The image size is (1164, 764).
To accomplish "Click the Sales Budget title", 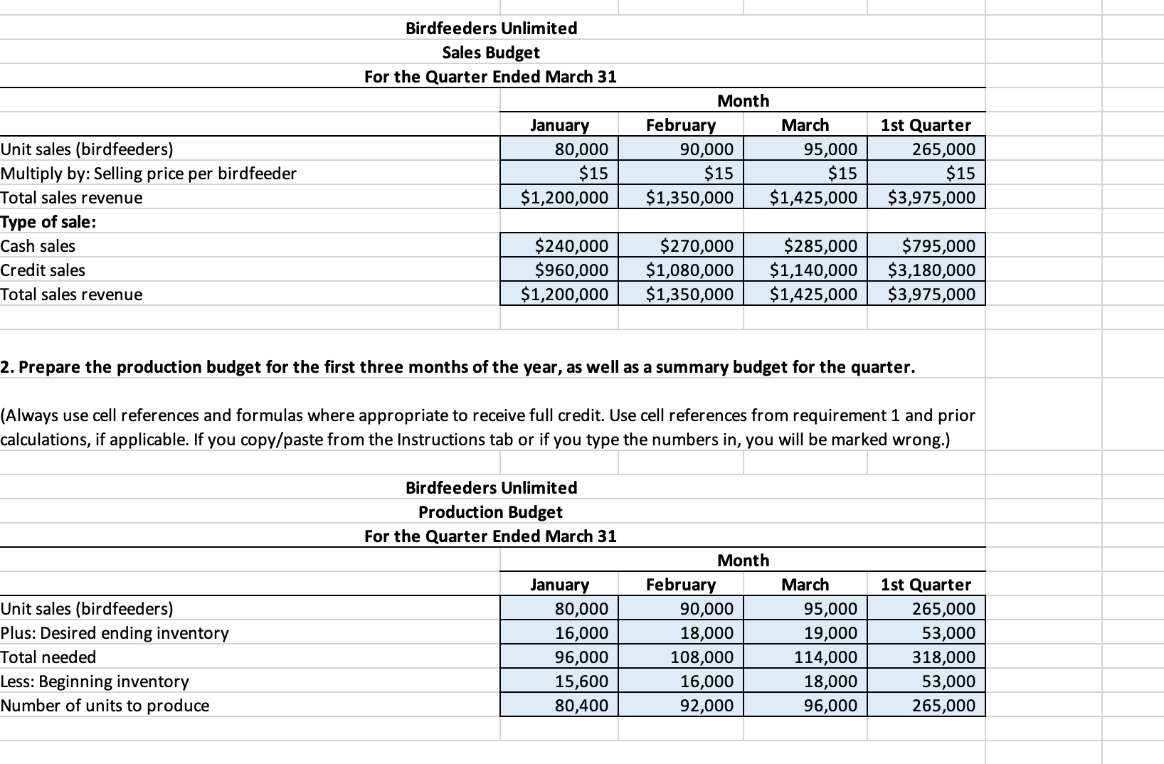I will [x=490, y=53].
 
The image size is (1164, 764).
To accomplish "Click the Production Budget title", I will [x=490, y=512].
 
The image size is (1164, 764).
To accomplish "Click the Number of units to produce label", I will [x=105, y=706].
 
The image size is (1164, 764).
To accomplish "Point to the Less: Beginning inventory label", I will [x=95, y=681].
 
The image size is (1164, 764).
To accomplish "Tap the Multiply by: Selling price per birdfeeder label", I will [x=149, y=174].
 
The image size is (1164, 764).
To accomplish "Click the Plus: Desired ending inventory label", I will [x=115, y=633].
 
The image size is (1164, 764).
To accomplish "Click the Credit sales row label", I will [x=43, y=270].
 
